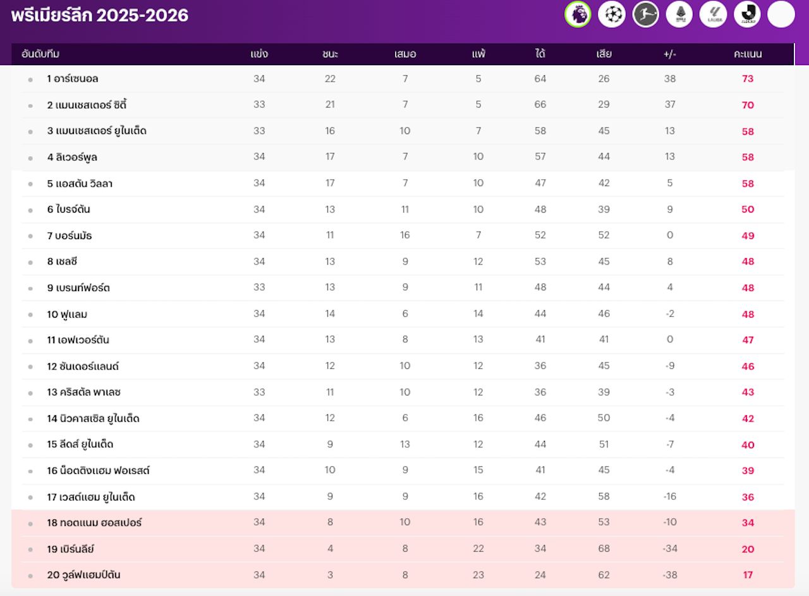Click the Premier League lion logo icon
[578, 15]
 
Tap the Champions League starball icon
[611, 15]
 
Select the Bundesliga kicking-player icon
[645, 15]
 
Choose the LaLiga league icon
[713, 15]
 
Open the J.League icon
[747, 15]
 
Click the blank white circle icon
[781, 15]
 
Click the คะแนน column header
[748, 54]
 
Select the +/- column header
[670, 54]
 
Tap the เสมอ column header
[405, 54]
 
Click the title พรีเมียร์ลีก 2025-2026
[100, 15]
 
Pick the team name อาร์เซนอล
[76, 79]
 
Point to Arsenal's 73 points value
[748, 79]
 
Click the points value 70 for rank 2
[748, 105]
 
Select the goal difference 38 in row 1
[670, 79]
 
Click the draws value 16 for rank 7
[405, 235]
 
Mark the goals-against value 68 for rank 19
[604, 549]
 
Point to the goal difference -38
[670, 574]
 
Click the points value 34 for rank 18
[748, 523]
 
